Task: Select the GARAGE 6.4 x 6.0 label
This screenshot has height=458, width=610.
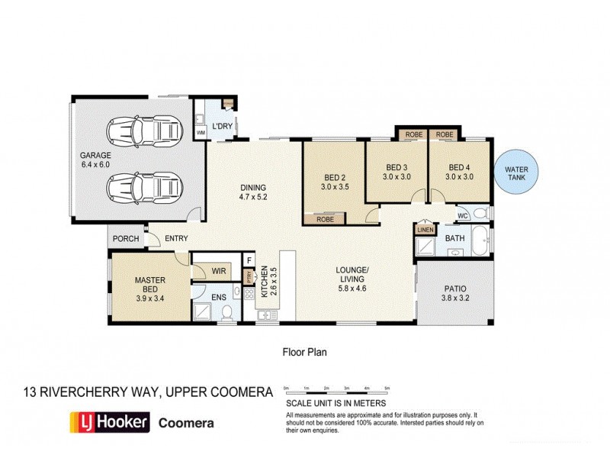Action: pyautogui.click(x=95, y=159)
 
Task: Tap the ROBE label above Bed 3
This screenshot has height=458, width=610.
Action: pyautogui.click(x=413, y=135)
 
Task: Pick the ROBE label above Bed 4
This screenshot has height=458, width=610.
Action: pyautogui.click(x=444, y=135)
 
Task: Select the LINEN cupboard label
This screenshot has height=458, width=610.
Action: pyautogui.click(x=425, y=229)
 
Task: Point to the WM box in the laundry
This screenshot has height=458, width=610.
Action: pyautogui.click(x=201, y=132)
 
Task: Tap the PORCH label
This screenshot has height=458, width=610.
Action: pyautogui.click(x=126, y=239)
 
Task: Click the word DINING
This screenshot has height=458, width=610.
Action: pyautogui.click(x=253, y=188)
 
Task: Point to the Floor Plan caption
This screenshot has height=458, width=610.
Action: pyautogui.click(x=304, y=353)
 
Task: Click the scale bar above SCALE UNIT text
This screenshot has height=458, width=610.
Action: pyautogui.click(x=337, y=392)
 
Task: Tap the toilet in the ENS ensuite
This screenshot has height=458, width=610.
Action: pyautogui.click(x=227, y=310)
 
